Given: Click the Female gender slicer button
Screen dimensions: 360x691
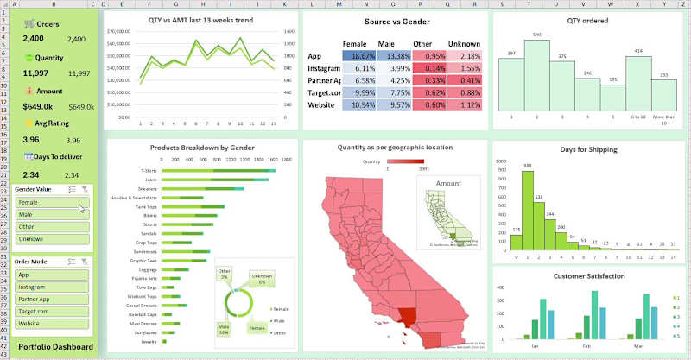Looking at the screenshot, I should tap(50, 202).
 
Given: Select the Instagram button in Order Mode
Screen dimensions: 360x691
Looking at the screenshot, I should tap(50, 287).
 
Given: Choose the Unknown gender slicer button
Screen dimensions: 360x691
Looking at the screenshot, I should tap(50, 238).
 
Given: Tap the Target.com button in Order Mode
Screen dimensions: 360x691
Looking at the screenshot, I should tap(50, 311).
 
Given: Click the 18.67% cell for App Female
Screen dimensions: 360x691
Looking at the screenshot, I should tap(354, 55).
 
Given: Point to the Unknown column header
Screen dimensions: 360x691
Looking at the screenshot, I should tap(464, 42).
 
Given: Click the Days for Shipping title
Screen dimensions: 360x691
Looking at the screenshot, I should tap(587, 150).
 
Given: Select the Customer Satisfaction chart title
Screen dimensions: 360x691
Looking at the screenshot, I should tap(587, 276).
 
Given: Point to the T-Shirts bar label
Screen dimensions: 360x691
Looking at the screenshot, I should tap(145, 170).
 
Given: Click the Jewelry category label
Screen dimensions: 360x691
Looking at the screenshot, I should tap(147, 342).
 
